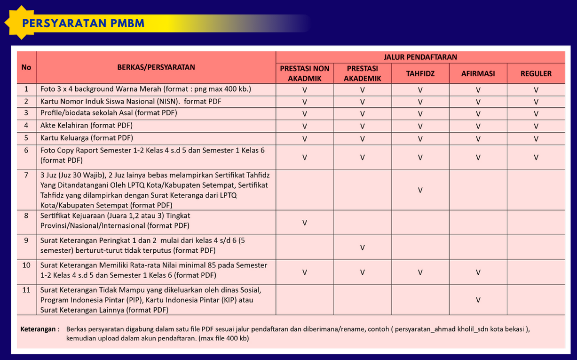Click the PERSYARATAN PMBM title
[x=83, y=23]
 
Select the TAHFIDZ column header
[x=420, y=74]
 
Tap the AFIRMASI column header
[x=478, y=74]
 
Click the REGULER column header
[x=536, y=74]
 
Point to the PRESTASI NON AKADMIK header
[x=304, y=73]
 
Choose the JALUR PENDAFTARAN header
[x=420, y=57]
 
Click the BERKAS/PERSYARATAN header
[x=156, y=67]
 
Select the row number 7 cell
[x=26, y=175]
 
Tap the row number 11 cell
[x=26, y=290]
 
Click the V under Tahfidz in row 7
[x=420, y=190]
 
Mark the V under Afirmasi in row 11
[x=478, y=300]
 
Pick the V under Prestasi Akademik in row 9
[x=362, y=248]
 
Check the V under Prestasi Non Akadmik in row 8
[x=304, y=223]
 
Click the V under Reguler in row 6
[x=536, y=158]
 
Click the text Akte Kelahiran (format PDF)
[x=87, y=126]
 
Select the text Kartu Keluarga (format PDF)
[x=87, y=138]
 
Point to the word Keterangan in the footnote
[x=38, y=329]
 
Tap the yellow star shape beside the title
[x=17, y=22]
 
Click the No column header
[x=26, y=67]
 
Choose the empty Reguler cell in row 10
[x=536, y=272]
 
